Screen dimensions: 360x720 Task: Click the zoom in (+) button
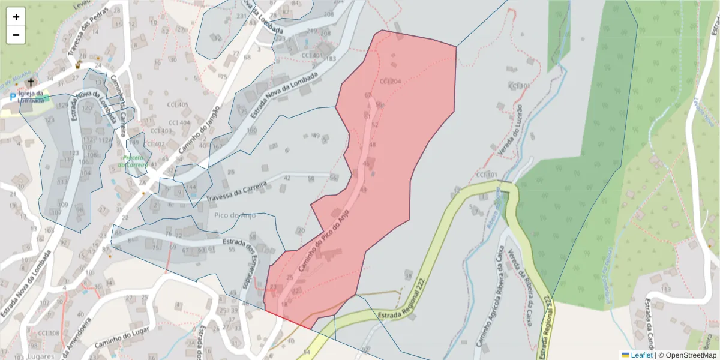pyautogui.click(x=16, y=17)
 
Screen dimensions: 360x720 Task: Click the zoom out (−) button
pyautogui.click(x=16, y=35)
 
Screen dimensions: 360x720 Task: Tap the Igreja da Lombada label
pyautogui.click(x=31, y=97)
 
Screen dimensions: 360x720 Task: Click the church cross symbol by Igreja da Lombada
pyautogui.click(x=31, y=82)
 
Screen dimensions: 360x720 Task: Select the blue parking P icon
pyautogui.click(x=13, y=97)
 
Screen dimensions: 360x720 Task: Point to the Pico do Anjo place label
pyautogui.click(x=235, y=215)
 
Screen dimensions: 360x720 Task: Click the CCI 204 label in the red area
pyautogui.click(x=390, y=81)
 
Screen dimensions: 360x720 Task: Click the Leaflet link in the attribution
pyautogui.click(x=641, y=355)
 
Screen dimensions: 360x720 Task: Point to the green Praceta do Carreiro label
pyautogui.click(x=133, y=161)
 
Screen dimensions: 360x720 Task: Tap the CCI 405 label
pyautogui.click(x=178, y=105)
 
